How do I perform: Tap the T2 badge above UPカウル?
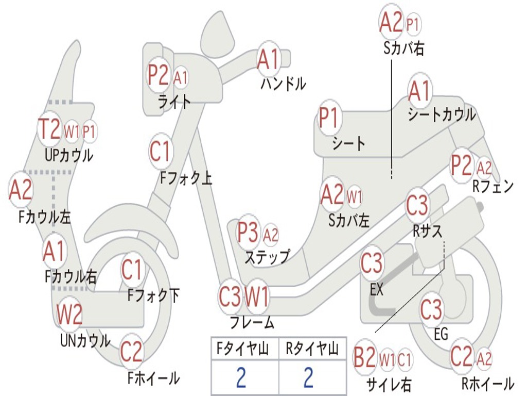tap(50, 129)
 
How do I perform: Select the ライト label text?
tap(174, 102)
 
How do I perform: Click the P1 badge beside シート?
tap(329, 118)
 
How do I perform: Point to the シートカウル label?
tap(442, 114)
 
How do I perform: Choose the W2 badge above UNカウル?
tap(69, 314)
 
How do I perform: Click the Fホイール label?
tap(153, 378)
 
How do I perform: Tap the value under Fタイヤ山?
tap(241, 378)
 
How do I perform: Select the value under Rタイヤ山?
tap(308, 378)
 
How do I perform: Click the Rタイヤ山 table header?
tap(312, 350)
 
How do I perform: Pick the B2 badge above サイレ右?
tap(364, 358)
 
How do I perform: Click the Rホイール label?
tap(487, 383)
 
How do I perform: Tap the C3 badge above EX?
tap(372, 264)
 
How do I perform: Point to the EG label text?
tap(441, 334)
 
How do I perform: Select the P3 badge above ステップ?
tap(248, 233)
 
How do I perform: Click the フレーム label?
tap(252, 323)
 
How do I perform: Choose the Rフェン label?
tap(493, 187)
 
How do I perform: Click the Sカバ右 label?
tap(404, 48)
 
